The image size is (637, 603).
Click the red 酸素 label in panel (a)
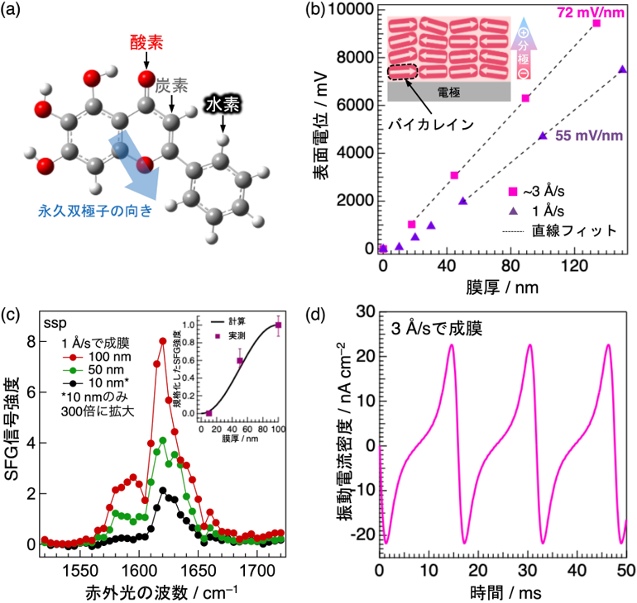pyautogui.click(x=146, y=43)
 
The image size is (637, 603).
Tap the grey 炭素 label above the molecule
pyautogui.click(x=172, y=86)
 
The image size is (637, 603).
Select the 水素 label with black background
pyautogui.click(x=223, y=105)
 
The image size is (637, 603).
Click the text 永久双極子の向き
pyautogui.click(x=95, y=211)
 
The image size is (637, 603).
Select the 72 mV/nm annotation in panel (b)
pyautogui.click(x=591, y=12)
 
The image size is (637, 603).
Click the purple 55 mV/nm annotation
pyautogui.click(x=589, y=135)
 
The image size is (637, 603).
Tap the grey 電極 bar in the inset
pyautogui.click(x=449, y=92)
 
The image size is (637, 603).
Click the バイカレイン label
pyautogui.click(x=431, y=124)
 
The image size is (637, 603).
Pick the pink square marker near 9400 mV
pyautogui.click(x=596, y=23)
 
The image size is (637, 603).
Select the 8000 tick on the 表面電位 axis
pyautogui.click(x=355, y=57)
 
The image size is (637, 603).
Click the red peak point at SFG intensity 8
pyautogui.click(x=162, y=341)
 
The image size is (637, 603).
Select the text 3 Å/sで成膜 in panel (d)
pyautogui.click(x=437, y=329)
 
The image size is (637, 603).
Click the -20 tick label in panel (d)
pyautogui.click(x=363, y=534)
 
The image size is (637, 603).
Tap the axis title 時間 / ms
pyautogui.click(x=505, y=593)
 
